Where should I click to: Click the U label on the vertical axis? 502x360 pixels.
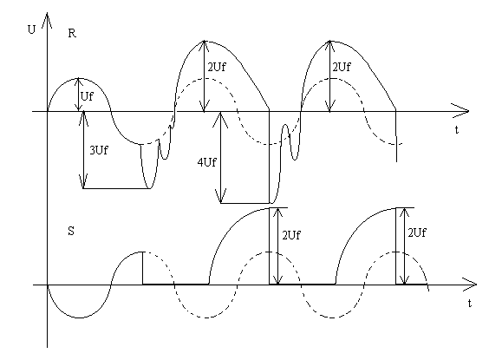click(31, 29)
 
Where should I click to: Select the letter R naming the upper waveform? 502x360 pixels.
click(72, 33)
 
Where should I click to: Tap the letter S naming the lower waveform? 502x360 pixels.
click(71, 231)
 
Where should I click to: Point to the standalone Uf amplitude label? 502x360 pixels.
click(87, 96)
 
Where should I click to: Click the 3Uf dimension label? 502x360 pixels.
click(99, 150)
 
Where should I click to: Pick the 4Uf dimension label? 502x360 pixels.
click(206, 163)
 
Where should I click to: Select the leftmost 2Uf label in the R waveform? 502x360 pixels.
click(217, 68)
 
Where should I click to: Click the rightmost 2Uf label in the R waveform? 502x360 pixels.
click(342, 68)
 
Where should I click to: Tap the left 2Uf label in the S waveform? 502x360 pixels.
click(291, 235)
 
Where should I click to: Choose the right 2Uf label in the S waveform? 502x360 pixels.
click(417, 232)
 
